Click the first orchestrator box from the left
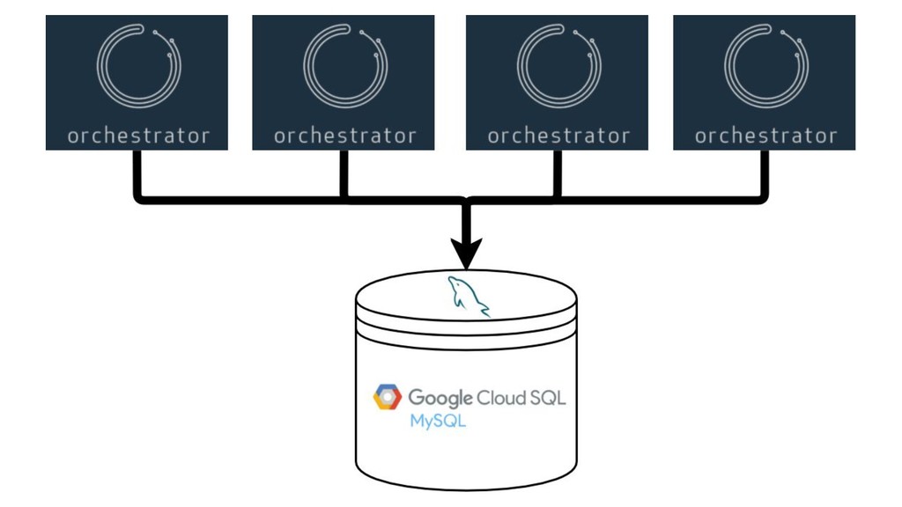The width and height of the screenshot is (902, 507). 137,82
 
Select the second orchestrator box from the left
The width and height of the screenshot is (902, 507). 344,82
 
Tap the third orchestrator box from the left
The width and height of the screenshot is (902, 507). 557,82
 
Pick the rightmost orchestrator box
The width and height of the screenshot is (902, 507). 764,82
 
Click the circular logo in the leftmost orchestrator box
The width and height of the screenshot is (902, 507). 138,67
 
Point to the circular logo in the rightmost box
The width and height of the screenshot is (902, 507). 765,67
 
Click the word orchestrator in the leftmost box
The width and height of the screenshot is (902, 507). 138,136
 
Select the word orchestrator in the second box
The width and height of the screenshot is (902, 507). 344,136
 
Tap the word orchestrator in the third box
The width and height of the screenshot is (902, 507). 558,136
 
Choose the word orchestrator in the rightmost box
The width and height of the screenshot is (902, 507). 765,136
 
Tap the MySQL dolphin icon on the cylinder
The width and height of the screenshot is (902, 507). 468,295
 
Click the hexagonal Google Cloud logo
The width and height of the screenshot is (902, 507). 387,397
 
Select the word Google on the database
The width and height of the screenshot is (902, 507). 440,398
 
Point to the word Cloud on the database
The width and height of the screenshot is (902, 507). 500,397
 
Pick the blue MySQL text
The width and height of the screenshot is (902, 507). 438,421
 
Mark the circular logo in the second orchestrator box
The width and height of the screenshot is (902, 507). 345,67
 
